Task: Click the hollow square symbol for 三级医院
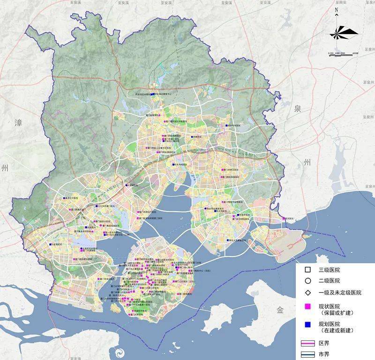click(x=307, y=270)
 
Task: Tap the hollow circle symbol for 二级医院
click(x=307, y=281)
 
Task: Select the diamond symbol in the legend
click(x=307, y=293)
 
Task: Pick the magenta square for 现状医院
click(x=307, y=306)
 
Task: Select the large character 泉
click(x=296, y=109)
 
